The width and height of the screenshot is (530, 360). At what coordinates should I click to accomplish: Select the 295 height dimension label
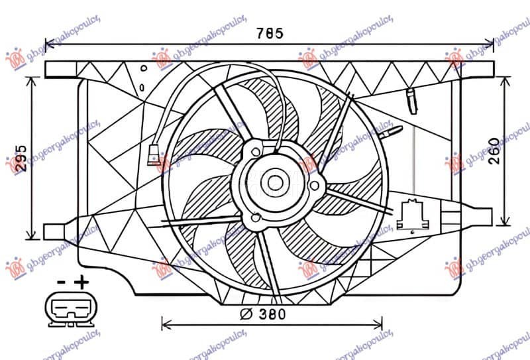pyautogui.click(x=22, y=158)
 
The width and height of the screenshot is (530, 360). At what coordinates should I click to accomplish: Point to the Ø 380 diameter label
pyautogui.click(x=264, y=314)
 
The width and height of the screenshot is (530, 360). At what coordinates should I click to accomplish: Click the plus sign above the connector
pyautogui.click(x=81, y=282)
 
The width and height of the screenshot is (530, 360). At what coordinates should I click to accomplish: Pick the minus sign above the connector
pyautogui.click(x=60, y=282)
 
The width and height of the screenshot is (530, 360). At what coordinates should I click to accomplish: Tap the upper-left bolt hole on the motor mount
pyautogui.click(x=256, y=152)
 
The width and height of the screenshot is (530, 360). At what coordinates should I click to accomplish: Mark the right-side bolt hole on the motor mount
pyautogui.click(x=314, y=185)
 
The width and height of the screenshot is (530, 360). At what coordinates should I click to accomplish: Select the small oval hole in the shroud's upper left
pyautogui.click(x=144, y=87)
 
